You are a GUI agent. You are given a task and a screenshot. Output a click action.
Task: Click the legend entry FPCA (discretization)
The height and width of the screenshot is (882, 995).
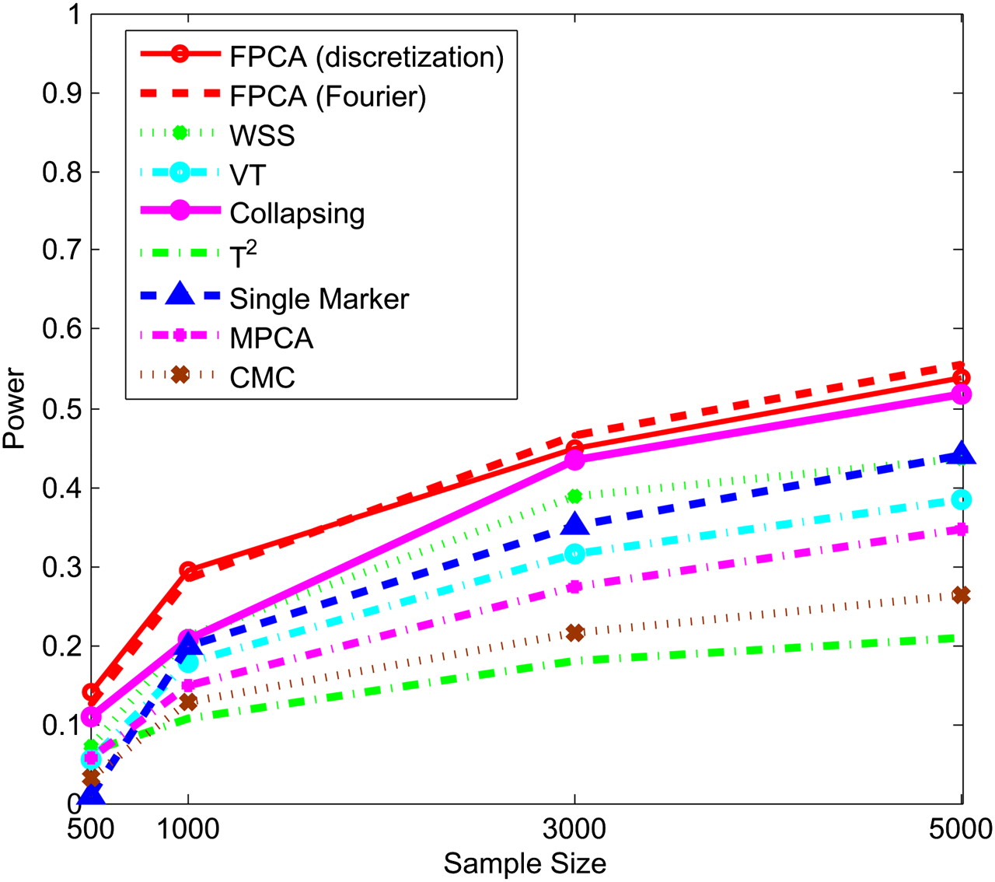coord(366,57)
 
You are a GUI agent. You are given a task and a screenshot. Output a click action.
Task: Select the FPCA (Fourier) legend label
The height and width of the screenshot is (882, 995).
coord(327,96)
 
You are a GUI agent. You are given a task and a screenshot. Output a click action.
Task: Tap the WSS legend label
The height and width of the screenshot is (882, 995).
coord(262,135)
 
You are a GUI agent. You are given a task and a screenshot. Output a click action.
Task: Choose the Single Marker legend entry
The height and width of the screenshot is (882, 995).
coord(319,299)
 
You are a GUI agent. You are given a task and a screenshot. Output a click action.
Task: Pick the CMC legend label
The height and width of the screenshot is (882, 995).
coord(262,378)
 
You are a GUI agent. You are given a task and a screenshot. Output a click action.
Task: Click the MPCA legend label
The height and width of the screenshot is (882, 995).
coord(271,338)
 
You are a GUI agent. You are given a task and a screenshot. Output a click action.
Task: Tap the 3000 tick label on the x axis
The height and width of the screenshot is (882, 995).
coord(574,829)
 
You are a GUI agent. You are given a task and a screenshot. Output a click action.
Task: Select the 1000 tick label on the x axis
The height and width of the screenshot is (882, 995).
coord(188,829)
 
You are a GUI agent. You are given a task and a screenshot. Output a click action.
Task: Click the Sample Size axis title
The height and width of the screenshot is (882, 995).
coord(525,863)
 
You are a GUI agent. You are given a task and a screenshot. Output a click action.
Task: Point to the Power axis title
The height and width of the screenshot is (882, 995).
coord(14,408)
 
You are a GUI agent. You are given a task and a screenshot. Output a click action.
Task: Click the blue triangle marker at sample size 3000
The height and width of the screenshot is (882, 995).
coord(574,524)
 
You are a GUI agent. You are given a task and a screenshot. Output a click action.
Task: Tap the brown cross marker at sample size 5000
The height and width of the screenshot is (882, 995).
coord(962,595)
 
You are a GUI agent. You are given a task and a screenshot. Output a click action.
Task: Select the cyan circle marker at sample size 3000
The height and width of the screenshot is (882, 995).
coord(574,554)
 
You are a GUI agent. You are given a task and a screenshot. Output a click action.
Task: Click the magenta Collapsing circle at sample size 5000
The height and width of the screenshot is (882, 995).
coord(962,394)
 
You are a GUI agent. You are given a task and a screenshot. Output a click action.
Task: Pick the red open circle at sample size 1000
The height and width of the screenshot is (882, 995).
coord(187,571)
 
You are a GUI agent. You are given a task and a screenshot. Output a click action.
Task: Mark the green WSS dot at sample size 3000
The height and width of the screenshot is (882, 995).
coord(574,495)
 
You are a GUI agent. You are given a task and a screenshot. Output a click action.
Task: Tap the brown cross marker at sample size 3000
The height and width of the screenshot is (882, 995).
coord(574,632)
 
